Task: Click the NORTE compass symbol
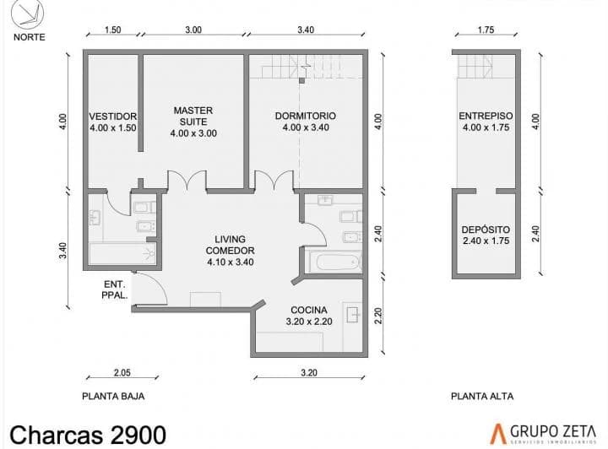(x=27, y=14)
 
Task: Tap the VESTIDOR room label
(x=113, y=116)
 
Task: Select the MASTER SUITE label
(x=193, y=116)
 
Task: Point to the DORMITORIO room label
(x=306, y=116)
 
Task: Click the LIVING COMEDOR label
(x=230, y=245)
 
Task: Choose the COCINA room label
(x=309, y=310)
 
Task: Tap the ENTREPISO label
(x=486, y=116)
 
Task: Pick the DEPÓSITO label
(x=486, y=230)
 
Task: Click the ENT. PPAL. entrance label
(x=115, y=289)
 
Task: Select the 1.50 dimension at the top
(x=113, y=30)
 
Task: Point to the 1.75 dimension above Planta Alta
(x=486, y=30)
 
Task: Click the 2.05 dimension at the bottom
(x=122, y=373)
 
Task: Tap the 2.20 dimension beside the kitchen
(x=379, y=316)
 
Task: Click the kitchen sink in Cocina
(x=352, y=315)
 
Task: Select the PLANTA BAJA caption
(x=113, y=397)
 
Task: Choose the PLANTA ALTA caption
(x=482, y=397)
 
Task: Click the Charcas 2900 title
(x=88, y=435)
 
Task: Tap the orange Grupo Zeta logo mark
(x=498, y=434)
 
